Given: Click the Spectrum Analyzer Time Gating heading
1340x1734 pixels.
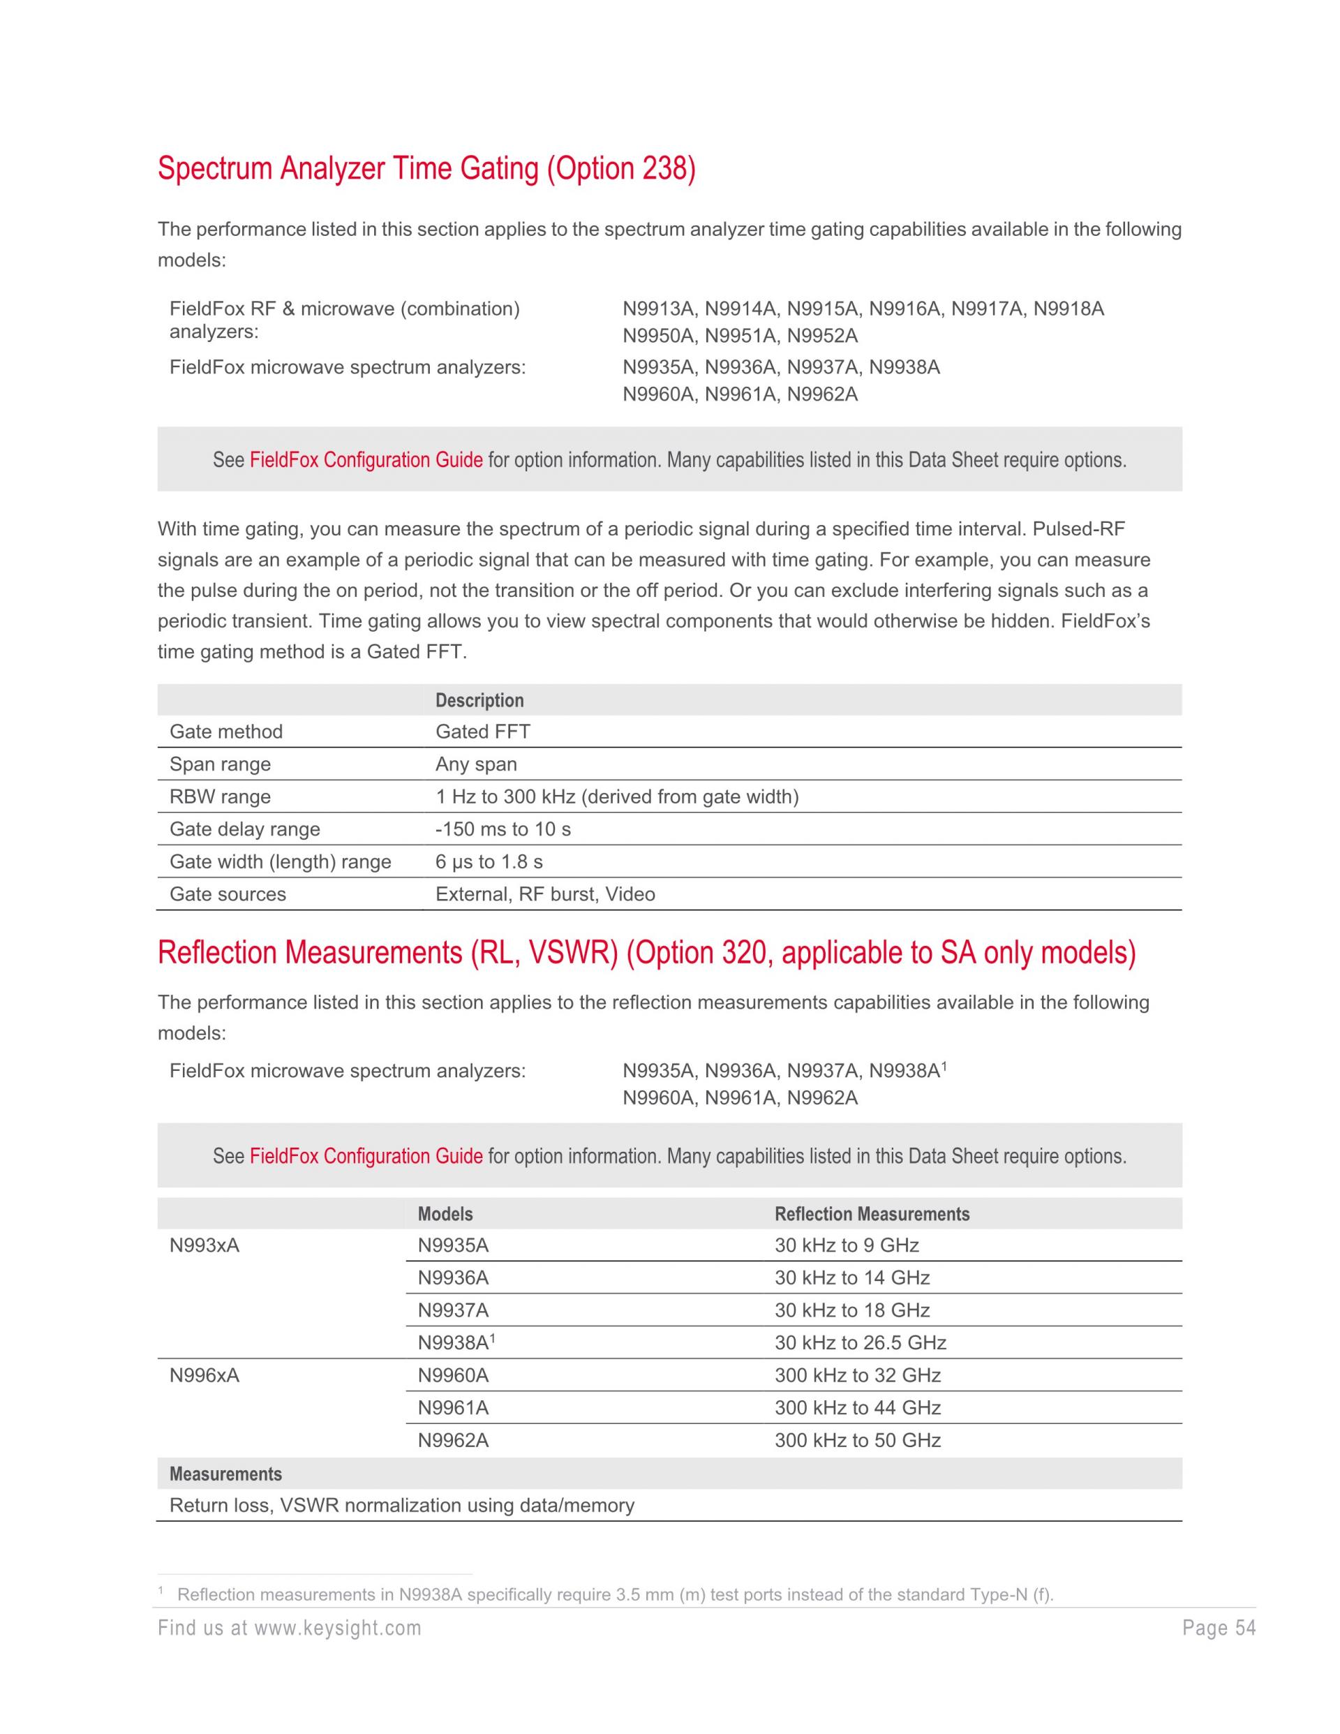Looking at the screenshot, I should coord(426,169).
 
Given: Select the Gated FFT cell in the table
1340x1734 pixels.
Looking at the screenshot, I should coord(483,732).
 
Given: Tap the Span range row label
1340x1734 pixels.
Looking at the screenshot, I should coord(220,764).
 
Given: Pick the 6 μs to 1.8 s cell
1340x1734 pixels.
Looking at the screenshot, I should coord(489,861).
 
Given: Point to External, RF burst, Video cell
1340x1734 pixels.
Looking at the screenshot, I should coord(544,894).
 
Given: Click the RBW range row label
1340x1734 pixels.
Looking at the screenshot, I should coord(220,796).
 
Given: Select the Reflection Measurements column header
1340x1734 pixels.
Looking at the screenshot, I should coord(872,1214).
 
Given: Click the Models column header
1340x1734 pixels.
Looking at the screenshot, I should coord(445,1214).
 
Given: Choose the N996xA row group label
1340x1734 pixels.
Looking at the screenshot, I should coord(204,1375).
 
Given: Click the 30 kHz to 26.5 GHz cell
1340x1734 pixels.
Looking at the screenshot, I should coord(861,1342).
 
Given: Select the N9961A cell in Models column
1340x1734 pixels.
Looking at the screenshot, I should coord(453,1408).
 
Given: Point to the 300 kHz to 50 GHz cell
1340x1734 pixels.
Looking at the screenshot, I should coord(857,1440).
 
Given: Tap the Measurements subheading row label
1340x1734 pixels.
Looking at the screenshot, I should coord(225,1474).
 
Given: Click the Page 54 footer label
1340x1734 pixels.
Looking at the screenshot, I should coord(1219,1629).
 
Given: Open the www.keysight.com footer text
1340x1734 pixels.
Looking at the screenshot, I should coord(337,1629).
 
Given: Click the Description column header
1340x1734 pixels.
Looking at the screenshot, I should coord(479,700).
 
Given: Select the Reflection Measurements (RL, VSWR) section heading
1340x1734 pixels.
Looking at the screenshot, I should coord(646,953).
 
